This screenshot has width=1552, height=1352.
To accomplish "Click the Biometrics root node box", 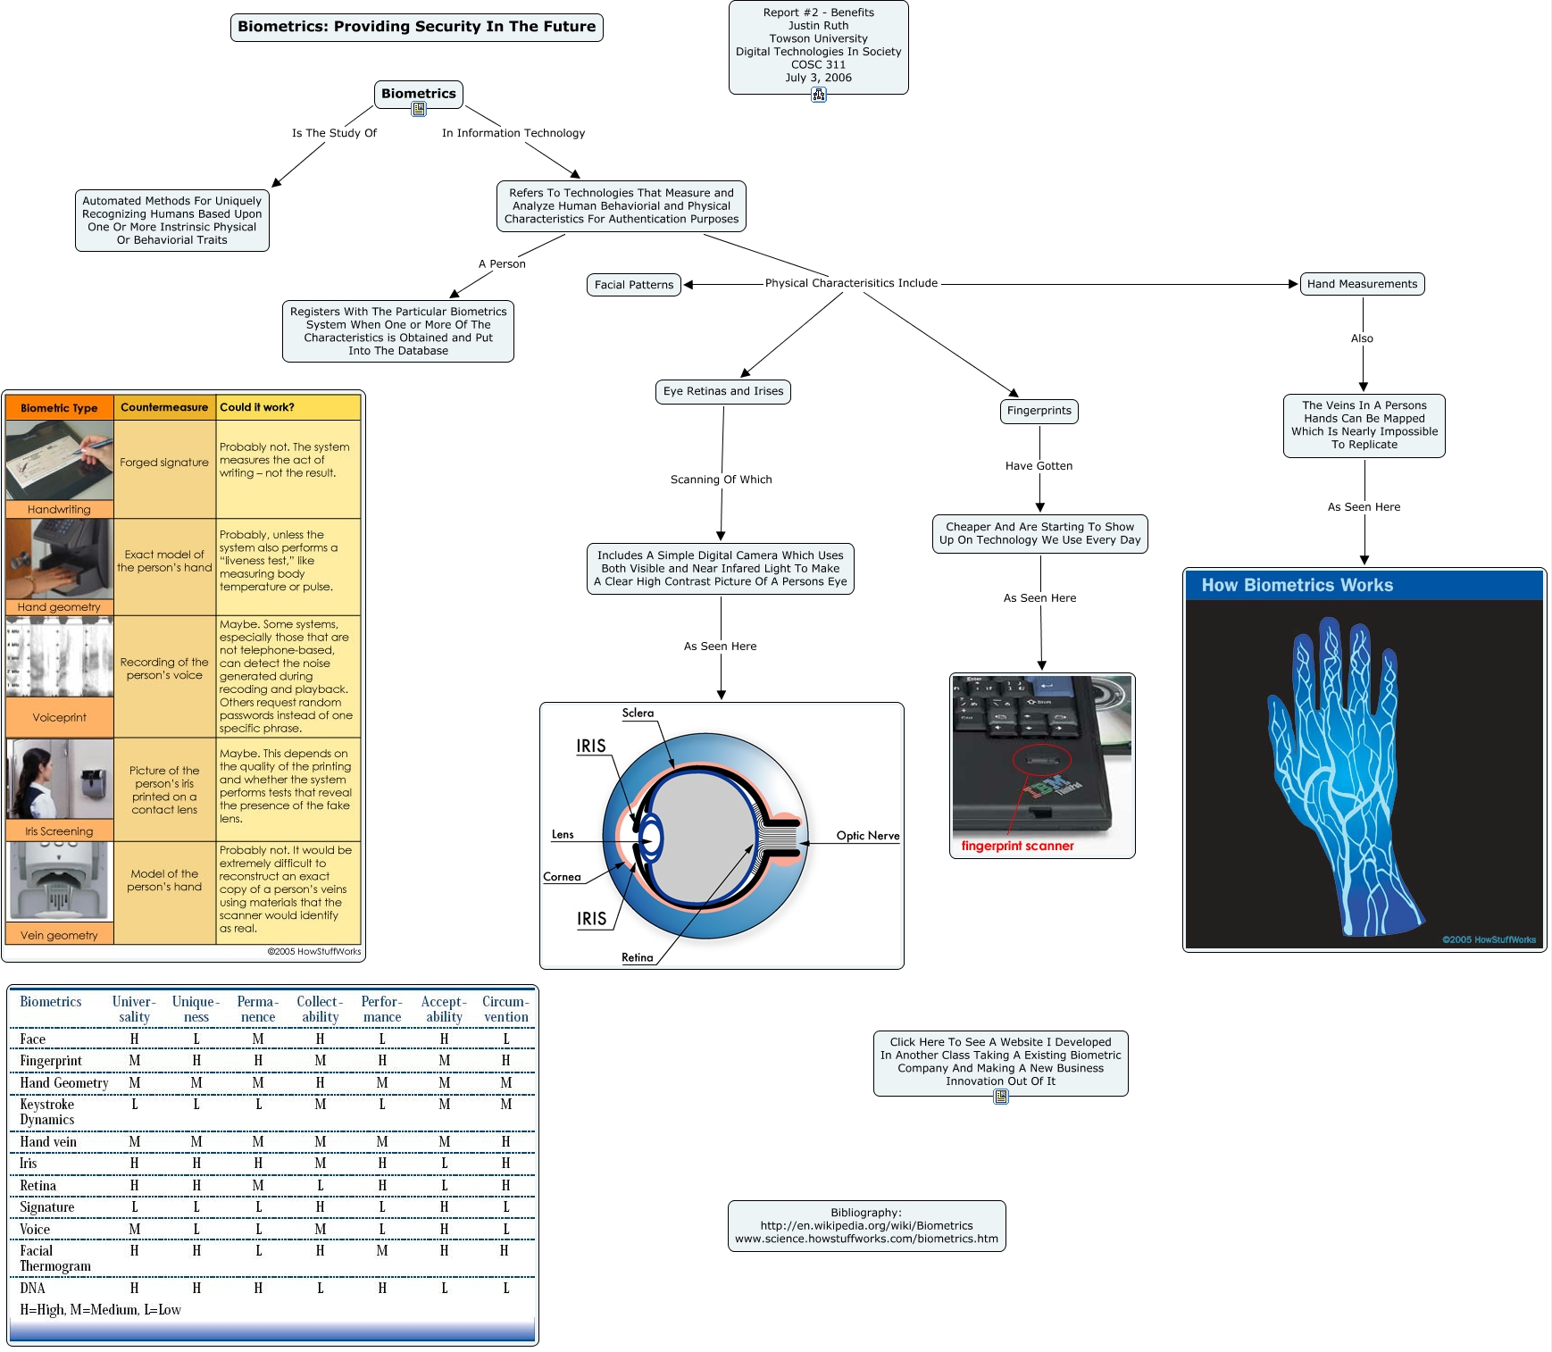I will [418, 93].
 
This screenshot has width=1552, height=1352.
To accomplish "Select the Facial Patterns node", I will [634, 285].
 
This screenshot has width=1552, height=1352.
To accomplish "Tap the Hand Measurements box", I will [1362, 284].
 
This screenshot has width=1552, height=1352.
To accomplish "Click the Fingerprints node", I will [1039, 411].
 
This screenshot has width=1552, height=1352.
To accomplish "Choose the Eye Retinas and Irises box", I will [722, 391].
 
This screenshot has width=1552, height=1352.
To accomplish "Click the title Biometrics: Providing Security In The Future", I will [416, 27].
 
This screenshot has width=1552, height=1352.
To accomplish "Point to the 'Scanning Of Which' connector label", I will [721, 480].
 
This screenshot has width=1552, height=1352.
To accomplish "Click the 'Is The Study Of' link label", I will [334, 133].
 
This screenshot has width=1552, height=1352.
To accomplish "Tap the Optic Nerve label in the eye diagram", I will [867, 836].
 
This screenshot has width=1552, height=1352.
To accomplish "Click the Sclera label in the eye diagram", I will [638, 713].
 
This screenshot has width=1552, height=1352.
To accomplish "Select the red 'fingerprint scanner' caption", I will [1017, 846].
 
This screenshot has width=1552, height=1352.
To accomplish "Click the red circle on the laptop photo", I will [1041, 760].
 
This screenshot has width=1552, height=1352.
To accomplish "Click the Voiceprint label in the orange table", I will [59, 717].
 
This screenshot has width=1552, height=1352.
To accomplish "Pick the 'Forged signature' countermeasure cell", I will [164, 463].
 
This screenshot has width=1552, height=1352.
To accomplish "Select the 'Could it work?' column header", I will [257, 407].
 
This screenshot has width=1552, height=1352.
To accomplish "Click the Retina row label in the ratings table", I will [38, 1186].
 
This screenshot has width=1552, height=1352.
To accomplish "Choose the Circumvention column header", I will [505, 1009].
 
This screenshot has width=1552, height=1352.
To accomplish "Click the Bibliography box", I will [866, 1225].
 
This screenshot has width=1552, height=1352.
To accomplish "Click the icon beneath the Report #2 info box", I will [818, 94].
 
